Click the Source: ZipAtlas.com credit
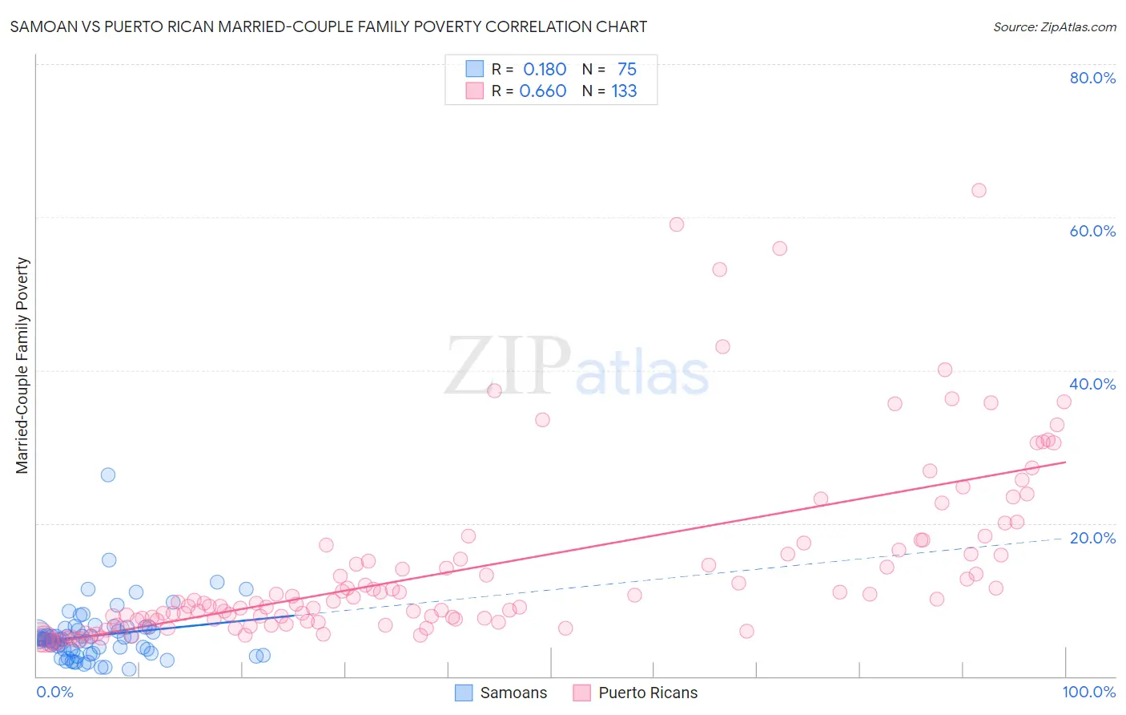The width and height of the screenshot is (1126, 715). tap(1054, 27)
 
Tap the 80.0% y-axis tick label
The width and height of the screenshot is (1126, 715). tap(1092, 78)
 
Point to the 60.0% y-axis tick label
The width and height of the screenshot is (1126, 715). tap(1092, 231)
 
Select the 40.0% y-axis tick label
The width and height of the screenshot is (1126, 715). tap(1092, 384)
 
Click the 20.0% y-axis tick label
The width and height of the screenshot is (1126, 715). tap(1092, 538)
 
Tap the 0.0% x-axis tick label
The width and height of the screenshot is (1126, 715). tap(54, 692)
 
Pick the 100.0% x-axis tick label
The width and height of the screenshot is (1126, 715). tap(1088, 692)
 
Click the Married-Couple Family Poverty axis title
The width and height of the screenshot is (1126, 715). tap(22, 366)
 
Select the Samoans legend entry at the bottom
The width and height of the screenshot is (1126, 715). tap(501, 693)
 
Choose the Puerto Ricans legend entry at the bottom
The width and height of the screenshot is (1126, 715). tap(636, 693)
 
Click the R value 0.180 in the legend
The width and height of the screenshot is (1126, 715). tap(545, 70)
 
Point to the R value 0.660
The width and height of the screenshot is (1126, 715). tap(543, 91)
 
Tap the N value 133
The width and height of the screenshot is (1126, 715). tap(624, 91)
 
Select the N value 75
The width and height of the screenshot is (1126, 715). tap(626, 70)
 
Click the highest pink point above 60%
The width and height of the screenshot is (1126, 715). tap(979, 191)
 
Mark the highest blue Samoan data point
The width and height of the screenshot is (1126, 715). tap(108, 475)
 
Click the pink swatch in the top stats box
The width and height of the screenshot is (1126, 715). tap(475, 91)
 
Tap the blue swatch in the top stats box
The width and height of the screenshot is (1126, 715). tap(475, 69)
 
